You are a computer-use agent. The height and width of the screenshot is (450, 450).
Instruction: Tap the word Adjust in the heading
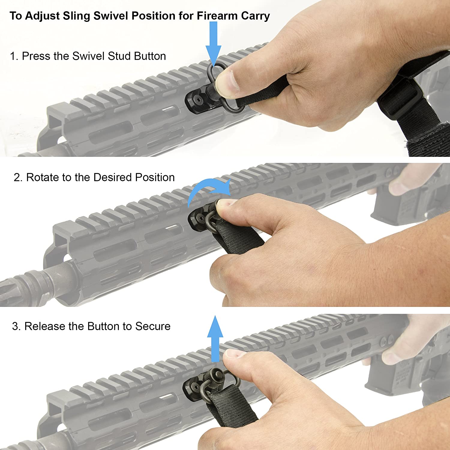coord(42,16)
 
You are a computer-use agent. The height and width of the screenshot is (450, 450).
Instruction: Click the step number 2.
coord(18,177)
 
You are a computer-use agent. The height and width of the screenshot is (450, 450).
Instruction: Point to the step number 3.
coord(16,326)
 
